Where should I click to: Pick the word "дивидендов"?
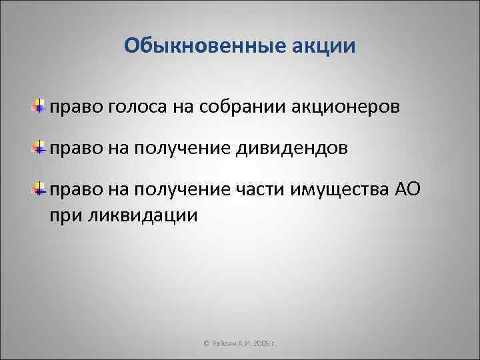[x=291, y=148]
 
